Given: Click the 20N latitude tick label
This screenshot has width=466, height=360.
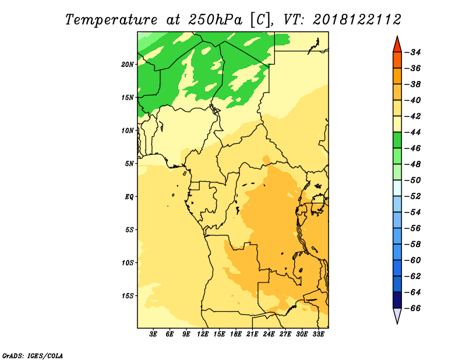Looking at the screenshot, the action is pyautogui.click(x=128, y=65).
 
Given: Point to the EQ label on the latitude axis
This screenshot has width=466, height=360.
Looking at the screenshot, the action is pyautogui.click(x=129, y=197).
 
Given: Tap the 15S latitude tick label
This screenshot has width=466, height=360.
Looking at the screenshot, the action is pyautogui.click(x=128, y=296).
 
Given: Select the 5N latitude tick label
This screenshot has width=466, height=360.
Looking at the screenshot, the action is pyautogui.click(x=129, y=164).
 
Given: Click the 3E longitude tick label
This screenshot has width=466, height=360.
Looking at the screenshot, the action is pyautogui.click(x=153, y=334).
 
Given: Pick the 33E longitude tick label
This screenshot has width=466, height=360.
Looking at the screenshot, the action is pyautogui.click(x=318, y=334).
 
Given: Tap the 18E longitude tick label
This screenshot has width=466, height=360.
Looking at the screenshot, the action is pyautogui.click(x=236, y=334).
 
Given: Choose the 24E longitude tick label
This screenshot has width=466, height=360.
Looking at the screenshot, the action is pyautogui.click(x=269, y=334).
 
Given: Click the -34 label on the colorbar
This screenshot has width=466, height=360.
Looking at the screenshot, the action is pyautogui.click(x=412, y=52).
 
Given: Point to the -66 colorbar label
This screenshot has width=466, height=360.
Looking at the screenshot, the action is pyautogui.click(x=412, y=308).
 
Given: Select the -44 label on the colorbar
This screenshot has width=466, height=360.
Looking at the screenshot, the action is pyautogui.click(x=412, y=132).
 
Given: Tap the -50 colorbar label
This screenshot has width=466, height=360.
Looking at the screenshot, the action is pyautogui.click(x=412, y=181).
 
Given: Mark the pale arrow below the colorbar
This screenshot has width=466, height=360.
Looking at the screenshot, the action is pyautogui.click(x=397, y=315).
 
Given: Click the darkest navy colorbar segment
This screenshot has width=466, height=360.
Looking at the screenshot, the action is pyautogui.click(x=397, y=300).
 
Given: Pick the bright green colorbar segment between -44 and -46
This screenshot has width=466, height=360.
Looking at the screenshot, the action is pyautogui.click(x=397, y=140).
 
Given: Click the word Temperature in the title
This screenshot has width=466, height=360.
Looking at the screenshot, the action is pyautogui.click(x=111, y=20).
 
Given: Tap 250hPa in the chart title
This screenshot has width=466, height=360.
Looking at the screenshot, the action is pyautogui.click(x=215, y=20).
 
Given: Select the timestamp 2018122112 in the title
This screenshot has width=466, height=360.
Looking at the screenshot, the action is pyautogui.click(x=357, y=20).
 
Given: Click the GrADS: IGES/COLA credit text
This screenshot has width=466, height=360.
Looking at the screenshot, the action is pyautogui.click(x=33, y=356).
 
